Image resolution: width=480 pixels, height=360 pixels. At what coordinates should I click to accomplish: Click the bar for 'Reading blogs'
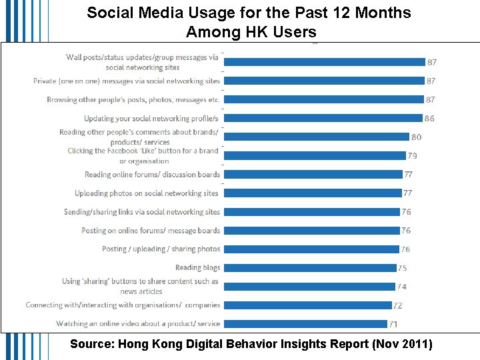click(x=309, y=268)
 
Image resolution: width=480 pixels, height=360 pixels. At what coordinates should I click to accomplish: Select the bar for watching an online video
click(x=305, y=324)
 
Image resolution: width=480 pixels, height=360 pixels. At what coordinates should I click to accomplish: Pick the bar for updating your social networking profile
click(x=323, y=118)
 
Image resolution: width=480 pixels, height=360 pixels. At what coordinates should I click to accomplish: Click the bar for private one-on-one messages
click(x=324, y=81)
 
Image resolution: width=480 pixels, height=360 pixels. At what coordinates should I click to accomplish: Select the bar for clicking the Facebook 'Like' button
click(x=315, y=156)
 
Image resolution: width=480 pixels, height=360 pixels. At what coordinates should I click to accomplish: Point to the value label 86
click(x=429, y=118)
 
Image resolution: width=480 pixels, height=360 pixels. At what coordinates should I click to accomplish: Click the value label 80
click(x=416, y=137)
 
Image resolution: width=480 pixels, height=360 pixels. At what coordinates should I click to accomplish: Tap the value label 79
click(x=412, y=156)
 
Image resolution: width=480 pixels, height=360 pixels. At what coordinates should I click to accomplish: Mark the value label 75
click(x=403, y=268)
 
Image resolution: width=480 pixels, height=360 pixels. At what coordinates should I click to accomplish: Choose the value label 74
click(x=401, y=287)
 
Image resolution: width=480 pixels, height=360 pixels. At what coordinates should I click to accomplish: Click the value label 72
click(x=398, y=305)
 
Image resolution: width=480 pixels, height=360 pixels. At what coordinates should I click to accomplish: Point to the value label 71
click(x=393, y=324)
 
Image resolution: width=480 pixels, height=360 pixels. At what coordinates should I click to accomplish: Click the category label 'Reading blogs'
click(x=197, y=268)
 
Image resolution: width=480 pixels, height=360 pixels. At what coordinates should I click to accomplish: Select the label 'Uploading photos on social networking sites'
click(x=147, y=193)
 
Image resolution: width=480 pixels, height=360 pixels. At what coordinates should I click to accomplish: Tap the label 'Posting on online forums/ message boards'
click(x=151, y=231)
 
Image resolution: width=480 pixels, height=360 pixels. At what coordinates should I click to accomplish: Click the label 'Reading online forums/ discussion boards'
click(x=152, y=175)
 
